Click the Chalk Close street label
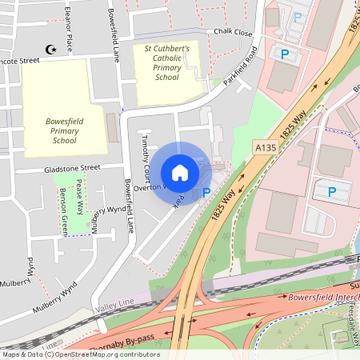coord(233,33)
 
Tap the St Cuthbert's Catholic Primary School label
coord(166,62)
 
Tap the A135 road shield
coord(265,147)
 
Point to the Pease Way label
coord(79,194)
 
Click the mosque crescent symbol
coord(53,49)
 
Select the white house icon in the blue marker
coord(180,172)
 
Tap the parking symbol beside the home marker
coord(206,192)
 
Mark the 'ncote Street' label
coord(19,60)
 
